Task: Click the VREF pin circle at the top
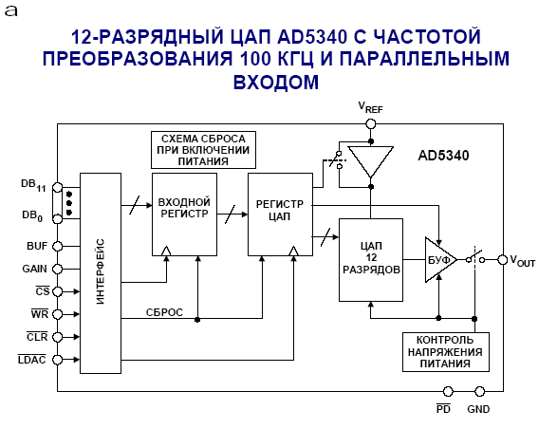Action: [370, 123]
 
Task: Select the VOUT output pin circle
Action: [502, 260]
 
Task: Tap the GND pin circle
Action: [479, 392]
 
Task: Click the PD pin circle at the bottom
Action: [448, 392]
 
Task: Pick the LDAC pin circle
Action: [57, 360]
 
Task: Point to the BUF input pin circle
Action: [57, 246]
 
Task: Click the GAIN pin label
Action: [34, 269]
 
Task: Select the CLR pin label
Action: [37, 336]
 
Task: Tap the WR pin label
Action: [40, 314]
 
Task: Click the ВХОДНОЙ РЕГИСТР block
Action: [184, 214]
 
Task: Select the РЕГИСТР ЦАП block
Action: [280, 214]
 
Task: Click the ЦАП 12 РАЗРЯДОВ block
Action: [371, 260]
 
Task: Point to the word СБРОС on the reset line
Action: [164, 312]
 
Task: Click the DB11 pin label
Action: [33, 185]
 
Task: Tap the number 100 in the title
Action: [255, 59]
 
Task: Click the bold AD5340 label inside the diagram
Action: [443, 156]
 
